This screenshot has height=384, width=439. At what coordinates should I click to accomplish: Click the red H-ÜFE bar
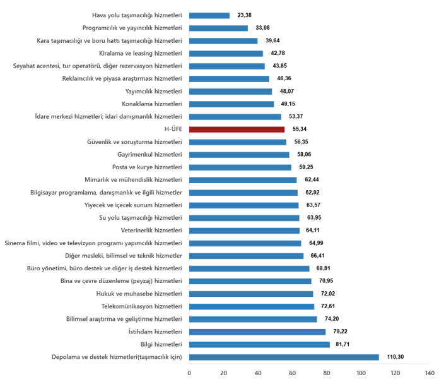pyautogui.click(x=237, y=129)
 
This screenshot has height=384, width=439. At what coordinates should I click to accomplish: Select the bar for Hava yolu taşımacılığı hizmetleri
pyautogui.click(x=209, y=15)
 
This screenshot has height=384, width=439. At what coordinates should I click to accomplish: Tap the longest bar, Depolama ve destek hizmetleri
pyautogui.click(x=284, y=357)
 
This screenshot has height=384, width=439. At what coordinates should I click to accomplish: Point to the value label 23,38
pyautogui.click(x=245, y=15)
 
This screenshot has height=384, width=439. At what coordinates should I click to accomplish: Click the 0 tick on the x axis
pyautogui.click(x=189, y=373)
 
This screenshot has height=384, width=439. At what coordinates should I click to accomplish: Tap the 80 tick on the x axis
pyautogui.click(x=327, y=373)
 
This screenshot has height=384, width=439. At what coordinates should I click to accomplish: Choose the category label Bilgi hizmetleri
pyautogui.click(x=161, y=344)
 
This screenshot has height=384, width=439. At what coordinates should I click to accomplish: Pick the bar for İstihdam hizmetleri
pyautogui.click(x=257, y=332)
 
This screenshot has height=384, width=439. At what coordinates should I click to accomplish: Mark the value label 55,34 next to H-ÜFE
pyautogui.click(x=301, y=129)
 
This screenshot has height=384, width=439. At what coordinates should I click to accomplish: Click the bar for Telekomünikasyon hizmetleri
pyautogui.click(x=252, y=306)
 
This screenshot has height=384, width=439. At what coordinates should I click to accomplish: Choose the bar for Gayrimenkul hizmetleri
pyautogui.click(x=239, y=155)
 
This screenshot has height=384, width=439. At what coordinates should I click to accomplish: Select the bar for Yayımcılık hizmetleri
pyautogui.click(x=230, y=91)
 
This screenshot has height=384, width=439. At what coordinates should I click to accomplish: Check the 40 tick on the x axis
pyautogui.click(x=258, y=373)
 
